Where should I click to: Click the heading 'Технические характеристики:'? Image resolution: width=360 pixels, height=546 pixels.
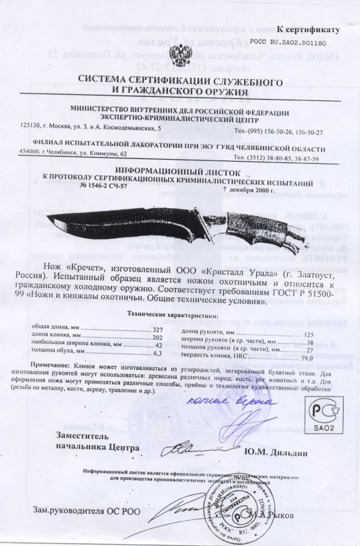[x=174, y=316]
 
